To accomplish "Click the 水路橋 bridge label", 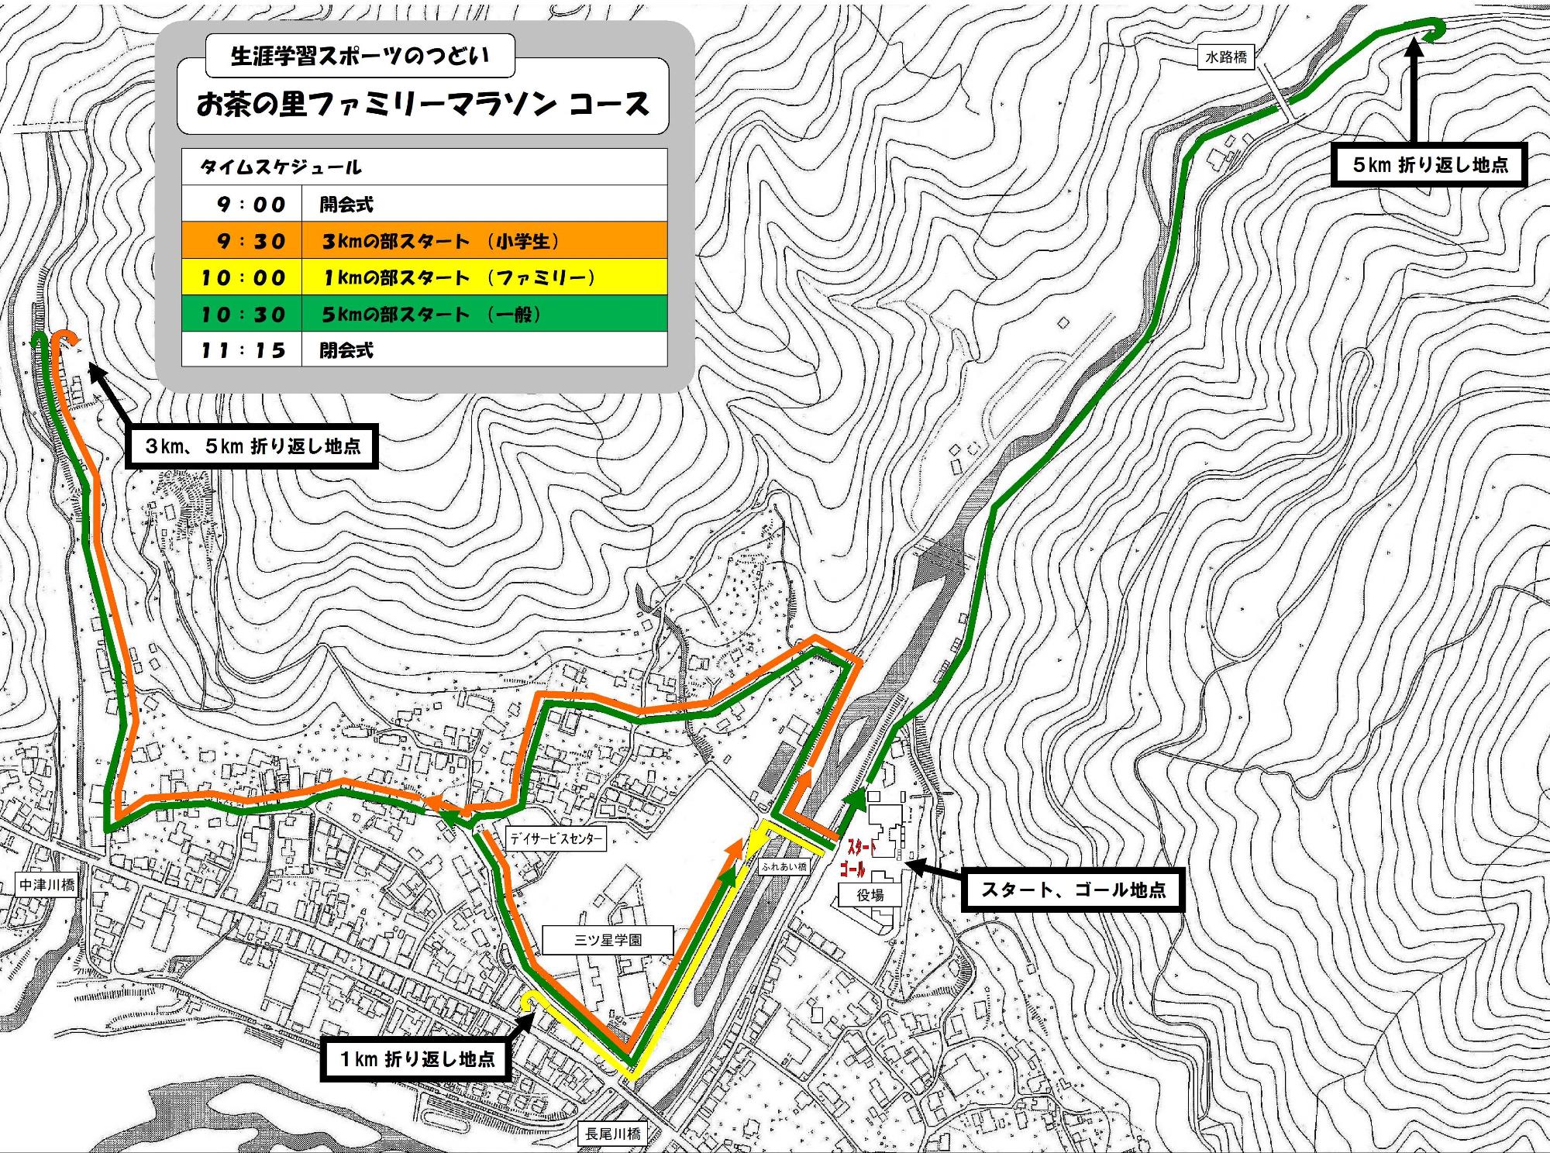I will pyautogui.click(x=1226, y=57).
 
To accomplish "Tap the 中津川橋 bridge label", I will pyautogui.click(x=48, y=885).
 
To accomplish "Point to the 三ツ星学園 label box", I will pyautogui.click(x=608, y=940).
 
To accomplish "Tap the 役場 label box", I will pyautogui.click(x=870, y=895).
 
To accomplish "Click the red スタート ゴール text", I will pyautogui.click(x=860, y=859).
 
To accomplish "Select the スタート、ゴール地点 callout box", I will pyautogui.click(x=1073, y=890).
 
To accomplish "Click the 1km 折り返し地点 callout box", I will pyautogui.click(x=416, y=1058).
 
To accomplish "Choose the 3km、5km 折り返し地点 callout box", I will pyautogui.click(x=252, y=446).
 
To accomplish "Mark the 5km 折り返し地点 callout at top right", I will pyautogui.click(x=1429, y=165).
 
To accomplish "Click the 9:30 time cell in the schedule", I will pyautogui.click(x=242, y=241).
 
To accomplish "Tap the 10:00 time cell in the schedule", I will pyautogui.click(x=242, y=277).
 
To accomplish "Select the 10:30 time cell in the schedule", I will pyautogui.click(x=242, y=314).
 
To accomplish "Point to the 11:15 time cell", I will pyautogui.click(x=242, y=350).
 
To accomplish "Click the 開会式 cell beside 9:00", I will pyautogui.click(x=347, y=205).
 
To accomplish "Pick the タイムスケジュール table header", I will pyautogui.click(x=281, y=167).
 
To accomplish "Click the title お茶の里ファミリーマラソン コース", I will pyautogui.click(x=422, y=105).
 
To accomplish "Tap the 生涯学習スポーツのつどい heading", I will pyautogui.click(x=360, y=57).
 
